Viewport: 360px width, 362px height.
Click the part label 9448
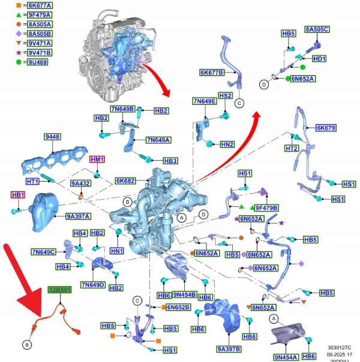[53, 137]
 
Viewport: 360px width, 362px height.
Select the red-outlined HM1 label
[97, 159]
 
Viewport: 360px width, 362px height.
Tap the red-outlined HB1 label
[19, 195]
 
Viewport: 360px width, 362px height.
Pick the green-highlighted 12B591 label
[60, 290]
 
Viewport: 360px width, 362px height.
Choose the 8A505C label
[317, 29]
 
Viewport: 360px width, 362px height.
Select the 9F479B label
[267, 207]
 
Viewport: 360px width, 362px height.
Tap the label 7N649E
[205, 101]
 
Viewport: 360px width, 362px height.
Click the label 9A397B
[229, 348]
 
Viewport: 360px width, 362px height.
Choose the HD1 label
[320, 59]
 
